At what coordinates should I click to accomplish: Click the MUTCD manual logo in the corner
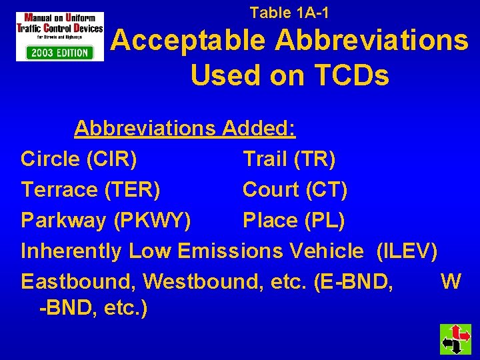point(60,36)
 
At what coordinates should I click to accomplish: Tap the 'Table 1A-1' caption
point(289,12)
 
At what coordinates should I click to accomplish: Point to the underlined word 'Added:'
point(259,128)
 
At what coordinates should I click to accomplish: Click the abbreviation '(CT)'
point(327,189)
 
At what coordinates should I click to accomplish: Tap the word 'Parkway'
point(63,220)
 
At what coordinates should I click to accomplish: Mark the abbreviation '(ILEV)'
point(407,251)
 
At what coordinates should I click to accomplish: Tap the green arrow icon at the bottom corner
point(455,339)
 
